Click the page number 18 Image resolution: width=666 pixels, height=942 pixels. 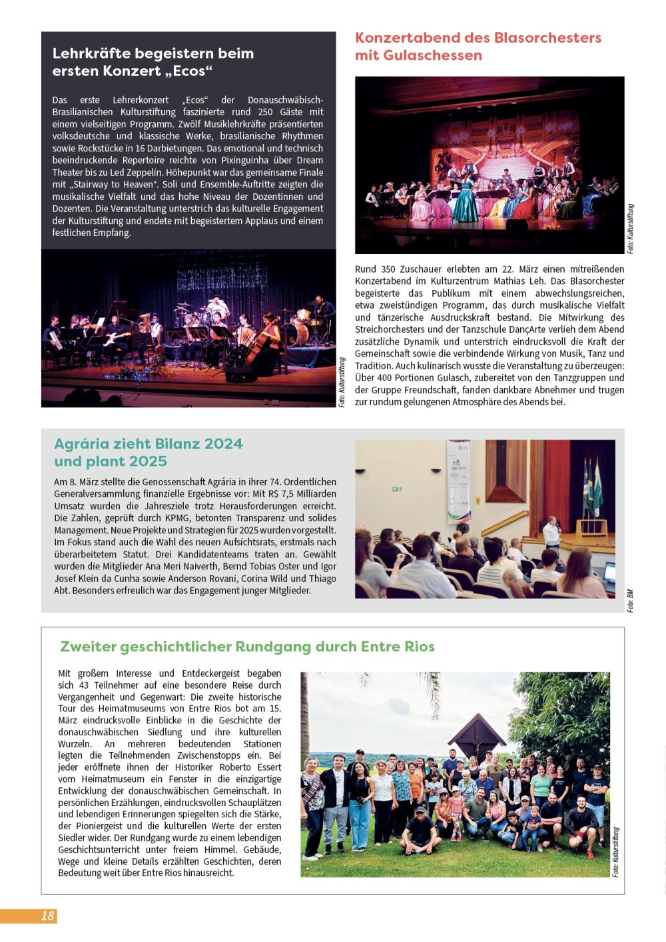tap(47, 916)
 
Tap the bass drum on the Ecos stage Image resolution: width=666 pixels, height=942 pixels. tap(295, 333)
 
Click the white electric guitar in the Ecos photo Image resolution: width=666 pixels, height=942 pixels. tap(116, 339)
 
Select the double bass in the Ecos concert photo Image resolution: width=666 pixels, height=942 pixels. tap(262, 340)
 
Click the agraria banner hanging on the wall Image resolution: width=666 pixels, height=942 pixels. tap(459, 480)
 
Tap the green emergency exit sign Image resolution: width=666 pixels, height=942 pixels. tap(397, 489)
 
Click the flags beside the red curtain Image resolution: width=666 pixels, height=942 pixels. tap(591, 487)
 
